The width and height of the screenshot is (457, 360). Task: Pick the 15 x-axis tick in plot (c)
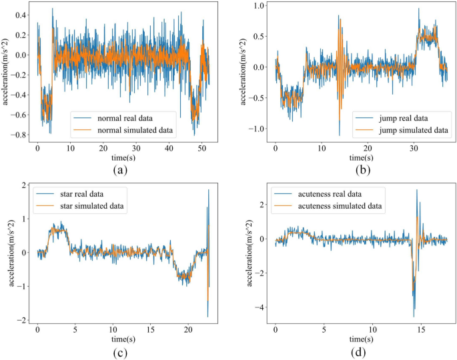click(x=151, y=330)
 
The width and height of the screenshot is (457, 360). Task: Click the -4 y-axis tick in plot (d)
click(x=262, y=307)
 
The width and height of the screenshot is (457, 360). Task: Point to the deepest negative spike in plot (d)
click(x=414, y=317)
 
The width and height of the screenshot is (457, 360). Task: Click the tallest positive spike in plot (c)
click(x=209, y=190)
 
